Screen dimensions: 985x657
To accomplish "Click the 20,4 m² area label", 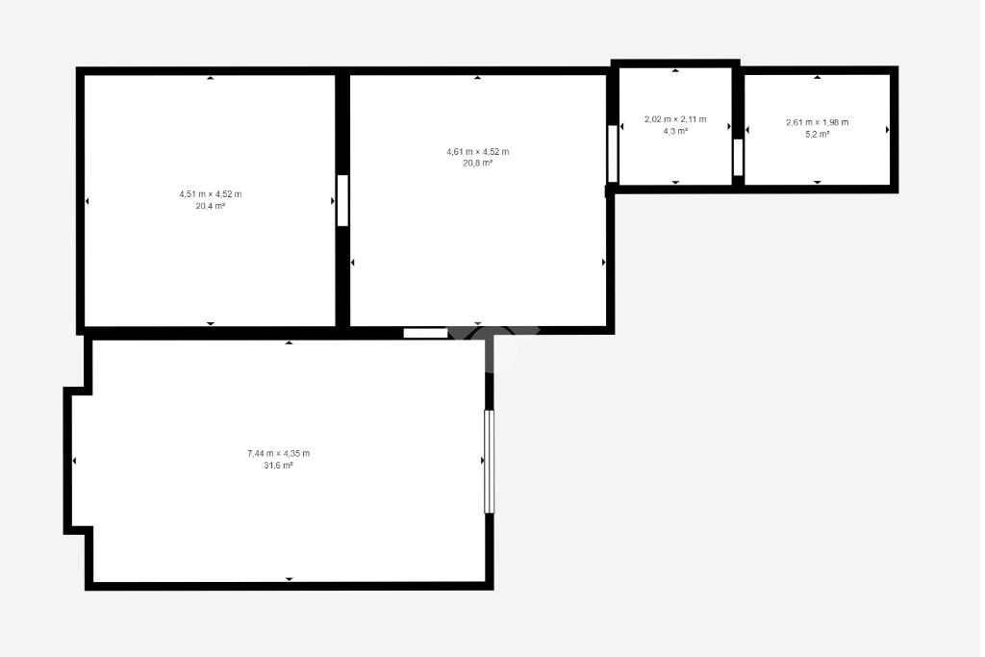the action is click(211, 206).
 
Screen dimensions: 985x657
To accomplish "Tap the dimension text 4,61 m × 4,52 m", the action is click(478, 151).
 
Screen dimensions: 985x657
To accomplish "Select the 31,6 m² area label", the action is click(278, 466).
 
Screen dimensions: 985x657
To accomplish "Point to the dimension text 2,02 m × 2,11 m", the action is click(675, 119).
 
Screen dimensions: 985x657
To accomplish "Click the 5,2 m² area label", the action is click(818, 134).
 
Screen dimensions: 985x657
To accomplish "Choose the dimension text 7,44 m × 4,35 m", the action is click(278, 453).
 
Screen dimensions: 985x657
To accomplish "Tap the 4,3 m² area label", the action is click(675, 131).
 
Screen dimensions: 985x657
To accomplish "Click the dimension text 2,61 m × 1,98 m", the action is click(818, 122).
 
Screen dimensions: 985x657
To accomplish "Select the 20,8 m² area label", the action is click(478, 164).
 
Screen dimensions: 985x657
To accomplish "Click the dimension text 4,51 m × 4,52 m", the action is click(211, 194).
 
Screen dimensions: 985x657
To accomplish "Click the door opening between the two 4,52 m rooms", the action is click(343, 200).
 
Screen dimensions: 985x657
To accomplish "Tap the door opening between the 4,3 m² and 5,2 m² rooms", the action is click(738, 157).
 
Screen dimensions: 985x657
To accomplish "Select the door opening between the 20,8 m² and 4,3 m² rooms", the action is click(613, 154).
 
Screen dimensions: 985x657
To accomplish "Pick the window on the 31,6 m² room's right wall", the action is click(489, 462).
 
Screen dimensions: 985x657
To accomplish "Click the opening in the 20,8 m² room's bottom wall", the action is click(425, 333).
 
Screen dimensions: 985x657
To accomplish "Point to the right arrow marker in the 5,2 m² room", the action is click(888, 130).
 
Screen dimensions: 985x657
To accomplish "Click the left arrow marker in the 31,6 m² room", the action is click(74, 461).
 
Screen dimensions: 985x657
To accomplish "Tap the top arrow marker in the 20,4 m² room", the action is click(211, 78).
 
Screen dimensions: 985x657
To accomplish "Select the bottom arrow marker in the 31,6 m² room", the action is click(289, 579).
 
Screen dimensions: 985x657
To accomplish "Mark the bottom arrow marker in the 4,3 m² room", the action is click(676, 182).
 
